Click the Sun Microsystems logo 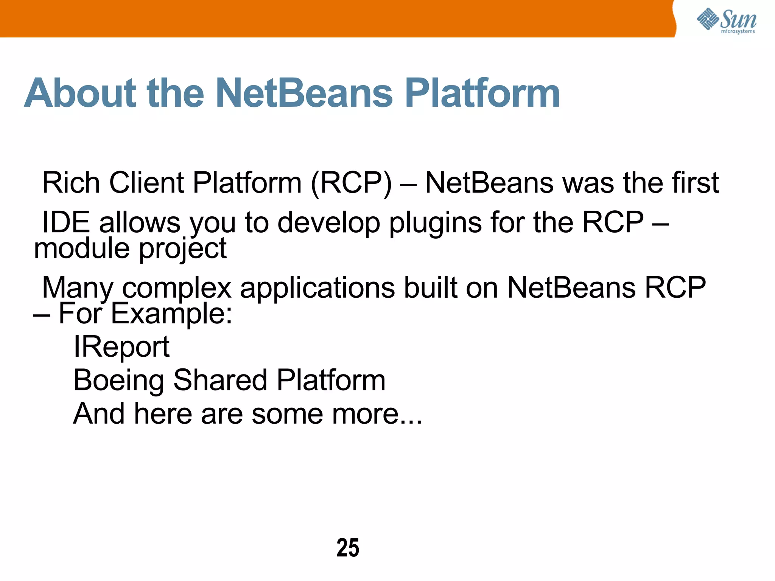[x=727, y=20]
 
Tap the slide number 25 [x=348, y=548]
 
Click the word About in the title [x=80, y=93]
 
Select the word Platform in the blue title [x=482, y=93]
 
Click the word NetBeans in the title [x=305, y=93]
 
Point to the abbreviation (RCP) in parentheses [x=351, y=183]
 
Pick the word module [x=82, y=249]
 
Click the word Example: [x=171, y=314]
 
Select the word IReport [x=121, y=347]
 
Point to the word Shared [x=220, y=380]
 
